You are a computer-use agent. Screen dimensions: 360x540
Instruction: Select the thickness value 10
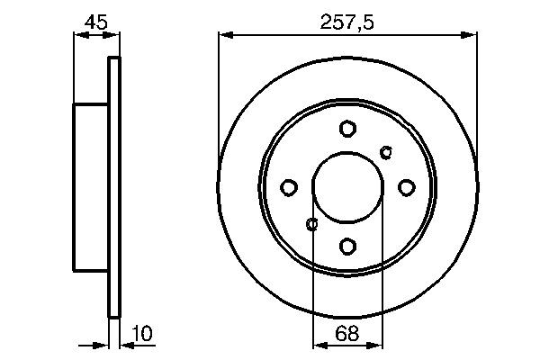coord(141,334)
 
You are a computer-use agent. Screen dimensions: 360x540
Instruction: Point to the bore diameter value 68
coord(347,334)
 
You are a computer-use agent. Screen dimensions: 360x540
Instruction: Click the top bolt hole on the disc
coord(347,129)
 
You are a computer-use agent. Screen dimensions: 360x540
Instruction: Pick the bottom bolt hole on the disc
coord(347,245)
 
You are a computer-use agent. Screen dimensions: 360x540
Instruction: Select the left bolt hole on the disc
coord(289,187)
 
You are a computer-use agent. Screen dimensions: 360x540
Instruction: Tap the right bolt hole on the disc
coord(406,187)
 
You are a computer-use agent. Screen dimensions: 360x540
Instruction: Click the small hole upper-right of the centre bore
coord(387,150)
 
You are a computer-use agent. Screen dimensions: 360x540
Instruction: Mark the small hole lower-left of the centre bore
coord(312,224)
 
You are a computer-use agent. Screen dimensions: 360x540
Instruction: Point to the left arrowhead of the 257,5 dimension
coord(225,35)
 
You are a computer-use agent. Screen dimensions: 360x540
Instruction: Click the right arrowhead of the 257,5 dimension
coord(471,35)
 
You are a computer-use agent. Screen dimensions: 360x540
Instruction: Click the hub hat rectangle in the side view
coord(90,187)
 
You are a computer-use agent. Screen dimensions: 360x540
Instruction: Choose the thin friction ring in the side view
coord(113,187)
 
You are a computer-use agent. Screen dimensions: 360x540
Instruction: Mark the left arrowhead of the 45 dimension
coord(77,35)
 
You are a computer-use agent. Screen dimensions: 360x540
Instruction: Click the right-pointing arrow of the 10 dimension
coord(102,344)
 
